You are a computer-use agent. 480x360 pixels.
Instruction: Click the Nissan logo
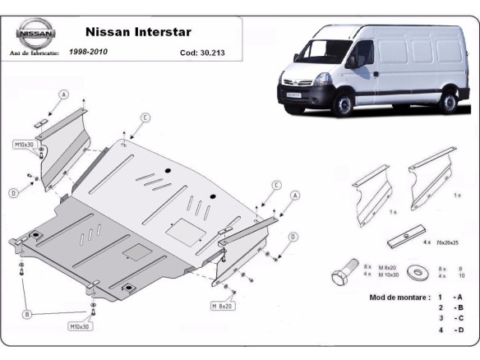pyautogui.click(x=35, y=35)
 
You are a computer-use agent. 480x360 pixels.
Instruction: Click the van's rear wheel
pyautogui.click(x=448, y=101)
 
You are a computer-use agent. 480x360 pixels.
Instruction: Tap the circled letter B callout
pyautogui.click(x=27, y=314)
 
